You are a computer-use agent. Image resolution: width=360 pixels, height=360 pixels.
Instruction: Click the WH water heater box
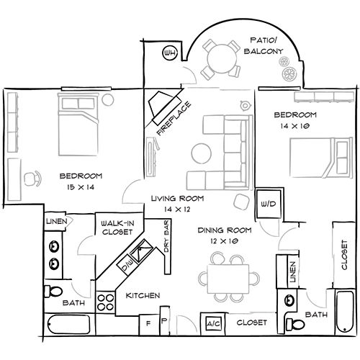click(171, 53)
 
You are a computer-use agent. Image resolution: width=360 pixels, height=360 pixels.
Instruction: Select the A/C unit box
click(214, 323)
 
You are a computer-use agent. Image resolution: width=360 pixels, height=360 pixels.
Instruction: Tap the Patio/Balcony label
click(266, 45)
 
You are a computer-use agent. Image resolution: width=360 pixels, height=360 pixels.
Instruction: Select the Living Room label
click(177, 204)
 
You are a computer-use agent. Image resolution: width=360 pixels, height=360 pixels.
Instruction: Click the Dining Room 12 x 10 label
click(225, 235)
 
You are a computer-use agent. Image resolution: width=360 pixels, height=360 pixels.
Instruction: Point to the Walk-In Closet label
click(118, 228)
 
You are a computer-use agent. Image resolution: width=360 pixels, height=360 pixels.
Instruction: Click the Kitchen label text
click(143, 296)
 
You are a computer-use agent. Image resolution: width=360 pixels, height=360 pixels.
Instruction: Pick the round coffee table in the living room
click(201, 153)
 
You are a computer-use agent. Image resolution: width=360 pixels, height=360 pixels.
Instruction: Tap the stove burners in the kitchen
click(107, 302)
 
